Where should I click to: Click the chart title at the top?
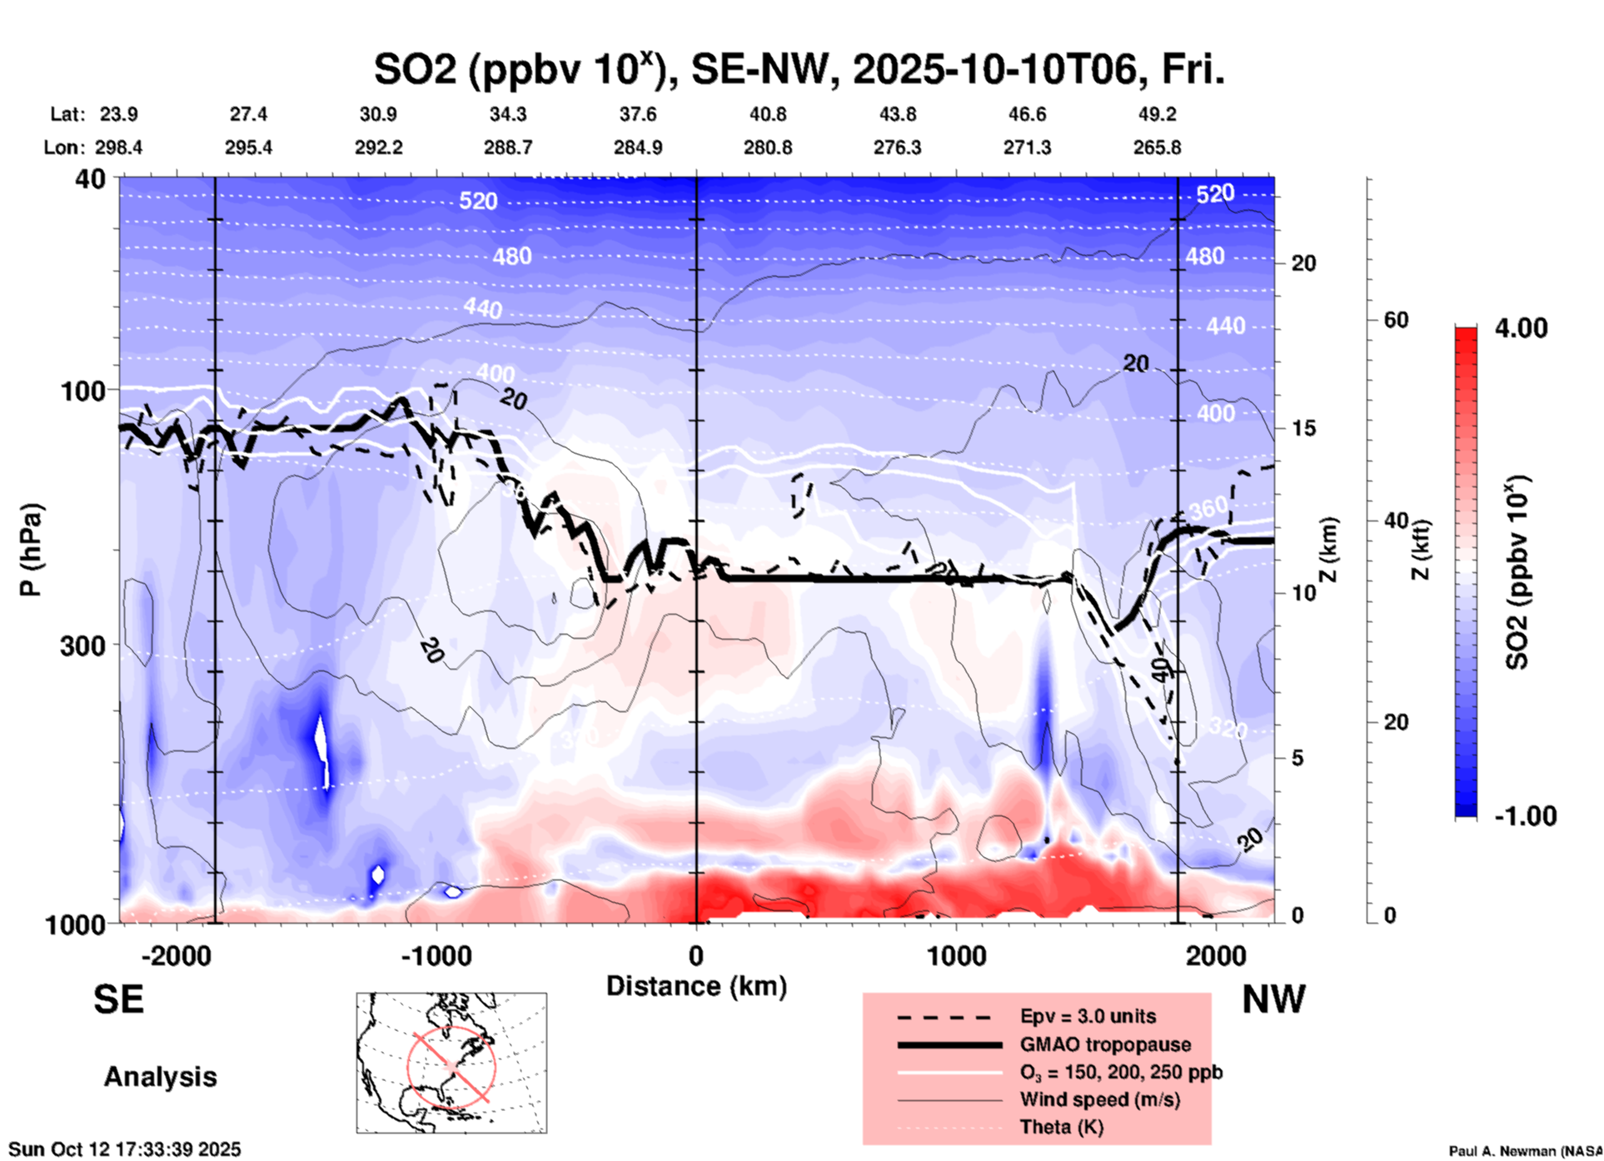[799, 70]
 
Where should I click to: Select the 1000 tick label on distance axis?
[957, 956]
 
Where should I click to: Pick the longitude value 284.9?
[638, 147]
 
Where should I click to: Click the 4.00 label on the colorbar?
[1521, 328]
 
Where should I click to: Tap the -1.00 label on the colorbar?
[1525, 816]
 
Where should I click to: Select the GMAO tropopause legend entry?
[1105, 1044]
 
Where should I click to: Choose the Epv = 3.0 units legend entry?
[1088, 1016]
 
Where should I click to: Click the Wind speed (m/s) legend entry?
[1099, 1099]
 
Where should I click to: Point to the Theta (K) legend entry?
[1061, 1128]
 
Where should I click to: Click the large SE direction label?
[118, 999]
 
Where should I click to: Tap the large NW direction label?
[1273, 999]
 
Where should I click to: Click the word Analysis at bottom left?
[160, 1077]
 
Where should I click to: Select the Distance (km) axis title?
[696, 986]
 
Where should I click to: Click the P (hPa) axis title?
[31, 550]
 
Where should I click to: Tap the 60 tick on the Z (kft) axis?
[1396, 321]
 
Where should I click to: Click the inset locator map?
[451, 1063]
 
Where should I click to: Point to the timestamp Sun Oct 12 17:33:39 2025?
[125, 1149]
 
